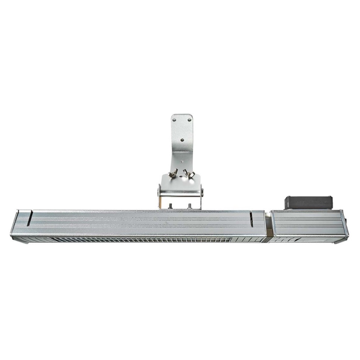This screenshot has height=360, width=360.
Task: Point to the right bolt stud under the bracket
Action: [190, 206]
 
